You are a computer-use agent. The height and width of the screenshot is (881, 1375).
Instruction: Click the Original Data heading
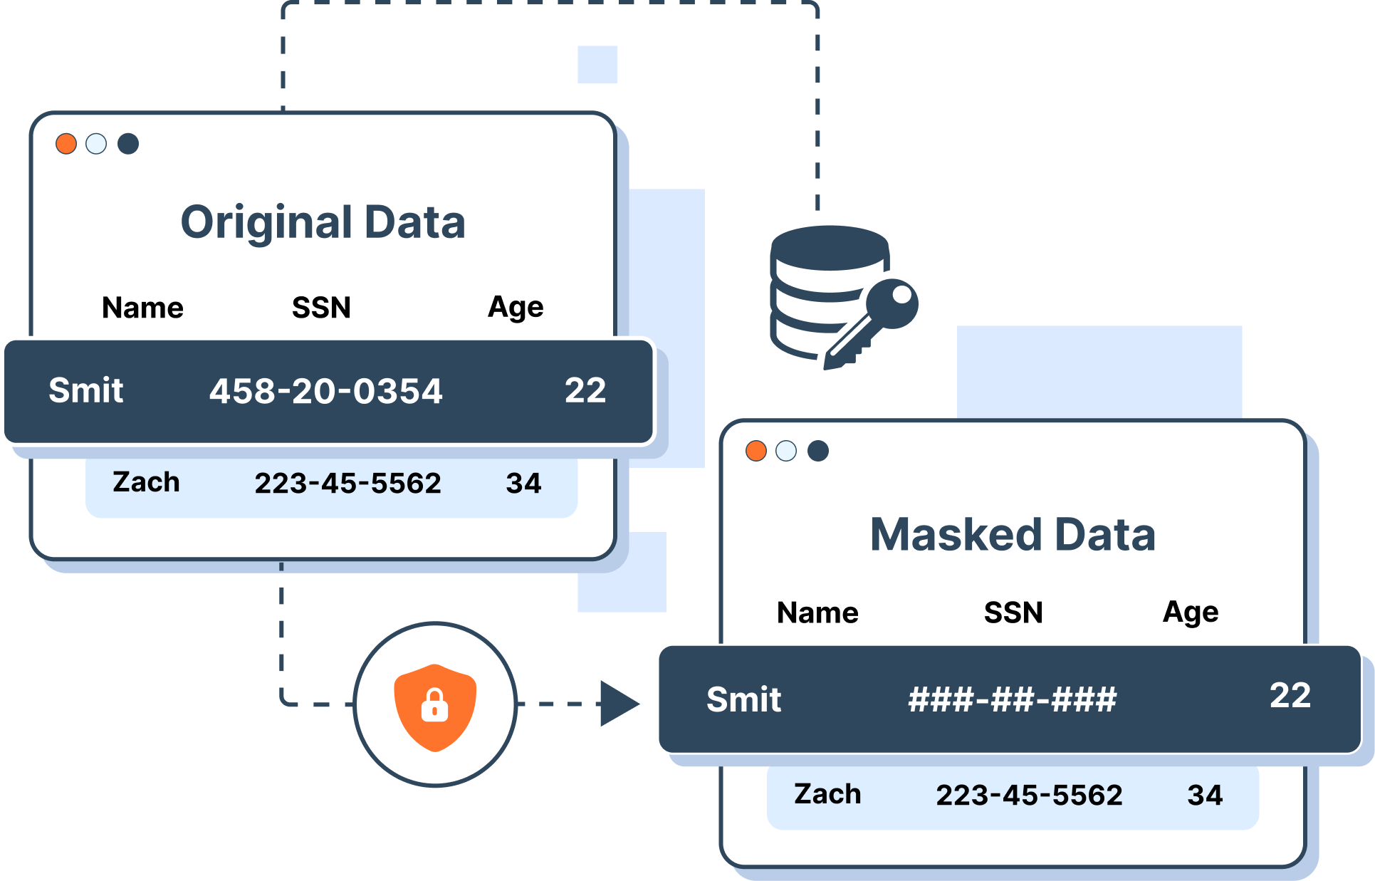(323, 222)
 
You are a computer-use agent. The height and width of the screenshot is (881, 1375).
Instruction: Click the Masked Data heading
(1013, 534)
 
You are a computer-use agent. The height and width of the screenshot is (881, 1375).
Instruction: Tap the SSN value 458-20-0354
(325, 391)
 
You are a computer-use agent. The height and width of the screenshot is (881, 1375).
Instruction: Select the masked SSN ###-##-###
(1012, 699)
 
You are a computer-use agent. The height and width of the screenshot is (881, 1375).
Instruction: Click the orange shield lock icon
(435, 707)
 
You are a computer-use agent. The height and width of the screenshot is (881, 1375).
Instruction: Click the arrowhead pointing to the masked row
(618, 704)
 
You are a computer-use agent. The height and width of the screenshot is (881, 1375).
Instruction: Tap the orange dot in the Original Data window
(66, 144)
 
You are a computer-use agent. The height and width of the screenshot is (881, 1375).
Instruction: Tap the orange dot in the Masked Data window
(756, 451)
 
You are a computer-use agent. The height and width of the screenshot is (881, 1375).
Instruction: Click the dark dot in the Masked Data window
(818, 451)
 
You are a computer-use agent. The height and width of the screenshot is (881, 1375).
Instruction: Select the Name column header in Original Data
(142, 308)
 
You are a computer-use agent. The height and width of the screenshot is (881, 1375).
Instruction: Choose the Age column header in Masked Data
(1191, 612)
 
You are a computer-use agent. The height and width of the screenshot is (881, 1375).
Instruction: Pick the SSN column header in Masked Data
(1013, 612)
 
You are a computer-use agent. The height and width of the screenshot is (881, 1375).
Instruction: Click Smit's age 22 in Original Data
(585, 390)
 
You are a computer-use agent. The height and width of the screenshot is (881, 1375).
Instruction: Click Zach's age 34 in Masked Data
(1205, 795)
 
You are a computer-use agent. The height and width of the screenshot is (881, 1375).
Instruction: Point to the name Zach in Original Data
(146, 482)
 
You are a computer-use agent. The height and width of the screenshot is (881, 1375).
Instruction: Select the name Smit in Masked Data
(743, 699)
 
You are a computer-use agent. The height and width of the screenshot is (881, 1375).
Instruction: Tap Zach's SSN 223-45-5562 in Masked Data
(1029, 795)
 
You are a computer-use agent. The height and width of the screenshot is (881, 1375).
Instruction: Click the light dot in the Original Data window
(96, 144)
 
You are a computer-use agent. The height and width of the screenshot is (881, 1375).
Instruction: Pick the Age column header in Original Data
(516, 308)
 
